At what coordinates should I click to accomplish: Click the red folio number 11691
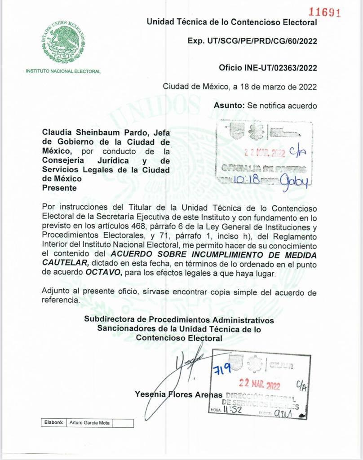(x=324, y=12)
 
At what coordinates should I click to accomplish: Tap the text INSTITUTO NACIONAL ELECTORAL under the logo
(x=63, y=71)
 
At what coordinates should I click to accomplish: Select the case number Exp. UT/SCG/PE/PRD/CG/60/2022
(x=252, y=41)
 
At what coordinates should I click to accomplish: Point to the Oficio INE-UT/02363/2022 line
(x=268, y=68)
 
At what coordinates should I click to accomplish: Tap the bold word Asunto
(x=229, y=106)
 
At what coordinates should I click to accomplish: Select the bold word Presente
(x=59, y=189)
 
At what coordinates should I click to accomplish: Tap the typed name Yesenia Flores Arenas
(x=178, y=394)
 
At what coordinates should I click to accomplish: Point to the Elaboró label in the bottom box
(x=53, y=422)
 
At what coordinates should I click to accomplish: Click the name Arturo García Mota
(x=90, y=423)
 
